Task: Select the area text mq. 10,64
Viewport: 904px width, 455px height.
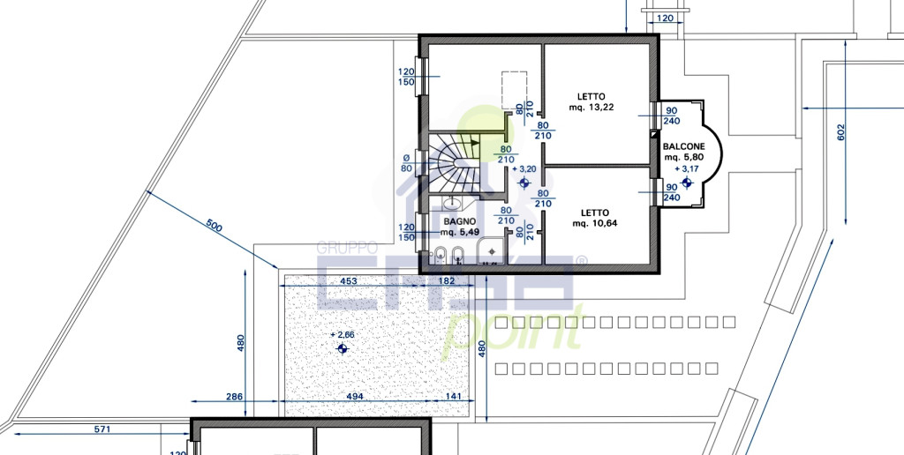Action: tap(594, 223)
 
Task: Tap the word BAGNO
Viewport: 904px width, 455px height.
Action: tap(460, 221)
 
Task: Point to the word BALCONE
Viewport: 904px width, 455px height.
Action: tap(683, 147)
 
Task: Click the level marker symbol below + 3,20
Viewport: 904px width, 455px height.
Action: tap(524, 183)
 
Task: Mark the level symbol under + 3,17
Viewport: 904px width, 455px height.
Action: tap(686, 183)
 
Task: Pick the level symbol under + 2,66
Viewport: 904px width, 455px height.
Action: tap(343, 348)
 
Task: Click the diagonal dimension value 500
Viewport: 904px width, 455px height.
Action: tap(214, 226)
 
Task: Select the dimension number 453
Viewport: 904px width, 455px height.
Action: tap(349, 281)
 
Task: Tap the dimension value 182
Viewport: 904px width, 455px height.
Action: tap(447, 281)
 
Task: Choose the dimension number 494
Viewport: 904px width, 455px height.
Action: tap(355, 396)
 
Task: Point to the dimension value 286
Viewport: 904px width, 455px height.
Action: tap(235, 396)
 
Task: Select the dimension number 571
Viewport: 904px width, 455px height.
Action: tap(102, 429)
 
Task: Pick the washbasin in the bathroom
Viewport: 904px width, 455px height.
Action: tap(451, 202)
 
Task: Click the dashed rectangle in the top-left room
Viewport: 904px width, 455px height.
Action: tap(515, 90)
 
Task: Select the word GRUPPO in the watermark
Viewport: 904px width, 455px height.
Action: tap(348, 248)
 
